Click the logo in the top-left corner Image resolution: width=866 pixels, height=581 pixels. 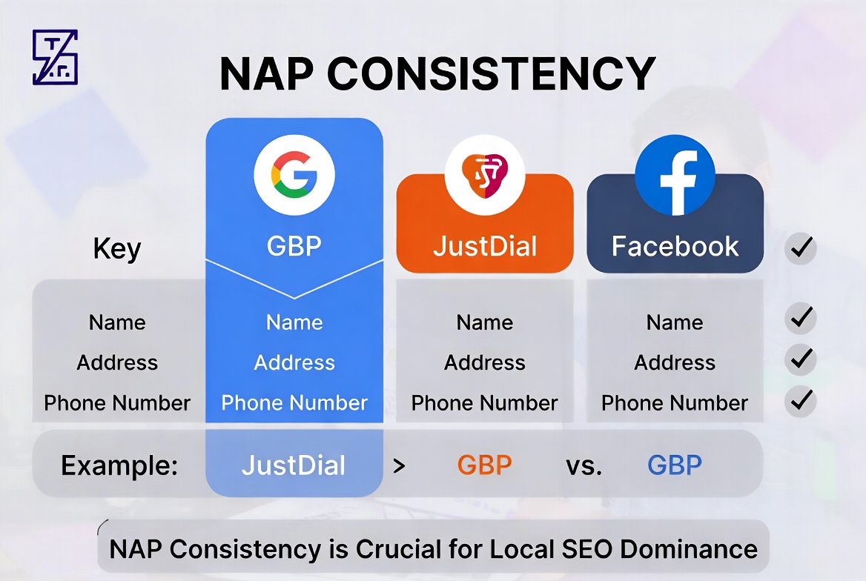55,58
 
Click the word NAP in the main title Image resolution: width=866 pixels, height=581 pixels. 267,73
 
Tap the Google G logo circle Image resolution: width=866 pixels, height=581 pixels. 294,174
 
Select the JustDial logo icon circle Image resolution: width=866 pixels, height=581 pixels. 485,174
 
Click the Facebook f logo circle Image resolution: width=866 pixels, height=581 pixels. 675,174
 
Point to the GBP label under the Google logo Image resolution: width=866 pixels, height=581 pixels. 294,246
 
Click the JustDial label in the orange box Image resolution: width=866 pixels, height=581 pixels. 485,246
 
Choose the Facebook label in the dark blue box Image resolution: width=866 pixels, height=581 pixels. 675,246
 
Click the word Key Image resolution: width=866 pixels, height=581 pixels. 117,248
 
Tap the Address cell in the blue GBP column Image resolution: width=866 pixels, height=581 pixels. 294,363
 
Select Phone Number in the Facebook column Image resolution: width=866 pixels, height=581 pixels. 675,403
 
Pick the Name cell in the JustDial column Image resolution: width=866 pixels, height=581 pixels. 485,322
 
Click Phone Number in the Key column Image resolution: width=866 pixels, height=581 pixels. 117,403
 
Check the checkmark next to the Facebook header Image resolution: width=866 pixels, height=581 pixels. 801,248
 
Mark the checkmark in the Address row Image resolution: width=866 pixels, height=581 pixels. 801,359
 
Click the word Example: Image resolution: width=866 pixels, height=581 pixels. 119,465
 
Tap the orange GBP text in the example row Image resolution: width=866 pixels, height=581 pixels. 485,465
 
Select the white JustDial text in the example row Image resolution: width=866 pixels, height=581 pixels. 294,465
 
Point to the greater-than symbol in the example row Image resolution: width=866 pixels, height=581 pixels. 400,467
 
